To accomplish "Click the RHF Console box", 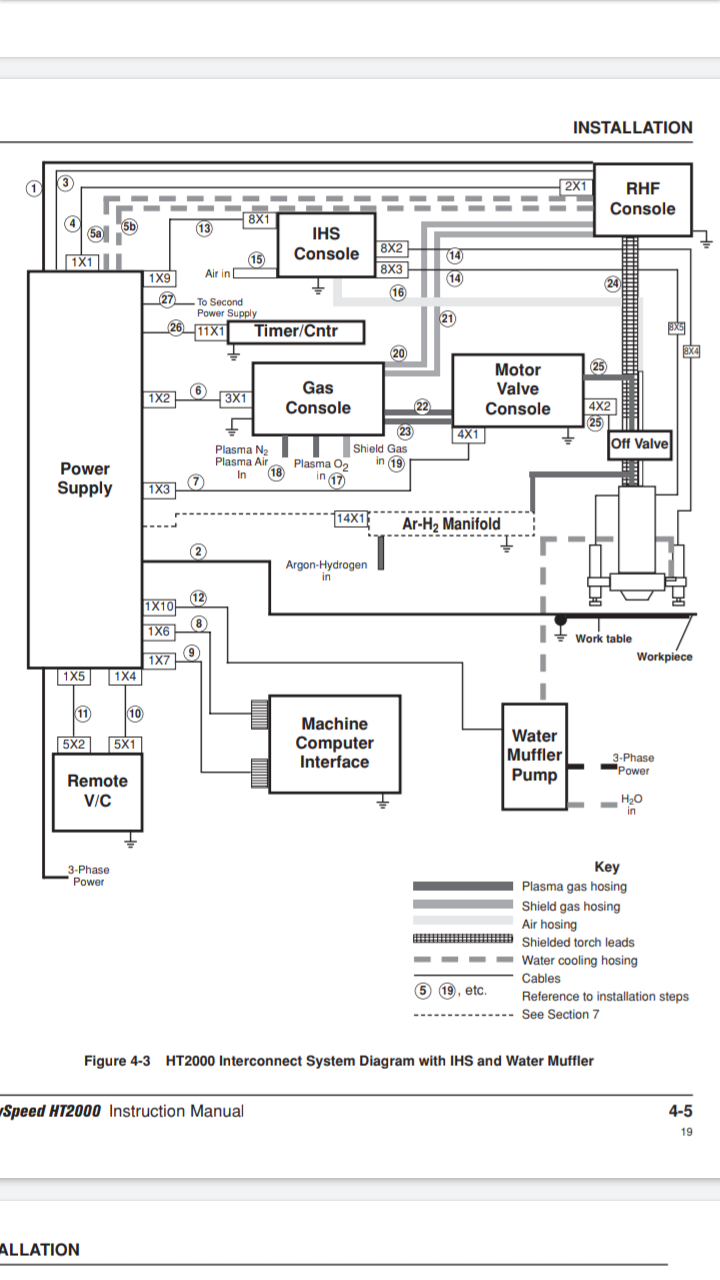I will (x=642, y=199).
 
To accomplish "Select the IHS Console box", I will (x=326, y=244).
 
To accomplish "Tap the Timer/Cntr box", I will (x=296, y=331).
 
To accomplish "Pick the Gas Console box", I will (x=318, y=398).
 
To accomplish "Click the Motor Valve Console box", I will (x=517, y=390).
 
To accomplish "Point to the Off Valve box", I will (x=640, y=444).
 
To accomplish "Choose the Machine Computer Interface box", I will (x=334, y=743).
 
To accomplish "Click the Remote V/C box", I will (x=97, y=791).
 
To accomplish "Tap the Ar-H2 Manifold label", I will (x=451, y=524).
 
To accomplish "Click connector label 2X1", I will (x=575, y=186).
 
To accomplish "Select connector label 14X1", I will (x=351, y=518).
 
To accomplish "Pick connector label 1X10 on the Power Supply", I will (x=159, y=607).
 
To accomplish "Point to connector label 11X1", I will (x=211, y=331).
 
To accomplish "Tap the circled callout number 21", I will (x=448, y=319).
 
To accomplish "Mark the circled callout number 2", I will (x=199, y=551).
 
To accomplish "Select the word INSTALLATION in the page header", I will (x=632, y=127).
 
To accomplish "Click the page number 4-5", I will (x=680, y=1110).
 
